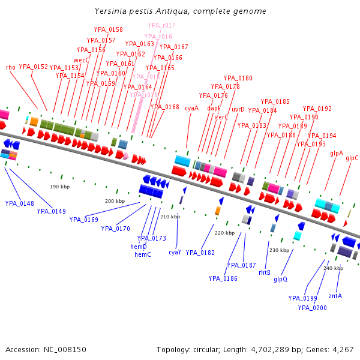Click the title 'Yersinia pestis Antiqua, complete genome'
point(181,11)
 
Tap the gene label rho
point(11,67)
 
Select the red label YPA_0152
point(34,67)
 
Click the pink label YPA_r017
point(162,25)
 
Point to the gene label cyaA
point(191,108)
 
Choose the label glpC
point(352,158)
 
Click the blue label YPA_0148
point(19,203)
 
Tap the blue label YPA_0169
point(83,220)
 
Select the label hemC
point(143,254)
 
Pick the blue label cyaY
point(175,253)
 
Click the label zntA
point(335,296)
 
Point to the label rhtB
point(265,272)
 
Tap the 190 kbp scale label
point(60,187)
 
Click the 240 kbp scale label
point(333,268)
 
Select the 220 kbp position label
point(224,233)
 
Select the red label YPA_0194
point(322,136)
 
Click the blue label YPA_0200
point(313,308)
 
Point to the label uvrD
point(238,109)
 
